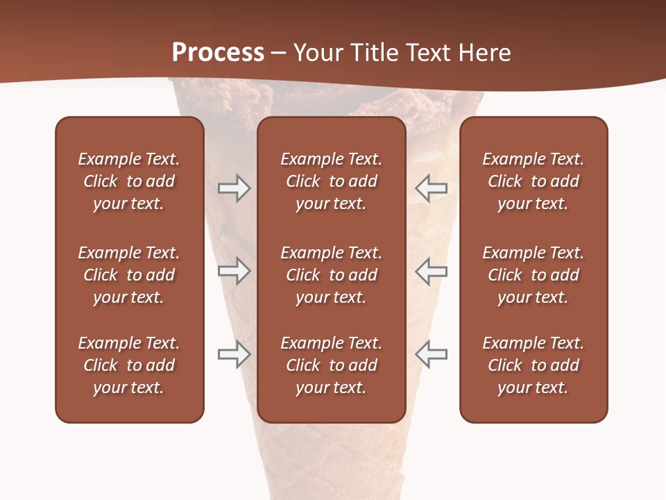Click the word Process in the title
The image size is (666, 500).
click(218, 52)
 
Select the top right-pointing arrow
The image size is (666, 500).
click(234, 188)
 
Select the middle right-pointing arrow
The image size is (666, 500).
click(234, 271)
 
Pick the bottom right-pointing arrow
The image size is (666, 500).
click(234, 354)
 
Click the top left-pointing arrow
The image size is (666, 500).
click(431, 188)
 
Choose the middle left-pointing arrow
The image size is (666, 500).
click(431, 271)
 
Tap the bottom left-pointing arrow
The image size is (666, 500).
click(431, 354)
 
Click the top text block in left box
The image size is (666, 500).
click(129, 181)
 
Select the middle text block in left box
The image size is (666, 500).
click(129, 275)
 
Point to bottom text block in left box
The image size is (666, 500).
click(129, 365)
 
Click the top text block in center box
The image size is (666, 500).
click(331, 181)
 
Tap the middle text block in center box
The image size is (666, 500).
click(331, 275)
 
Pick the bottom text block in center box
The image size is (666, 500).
click(331, 365)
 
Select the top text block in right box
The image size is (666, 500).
click(533, 181)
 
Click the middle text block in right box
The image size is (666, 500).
click(533, 275)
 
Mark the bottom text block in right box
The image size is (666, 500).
click(533, 365)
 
